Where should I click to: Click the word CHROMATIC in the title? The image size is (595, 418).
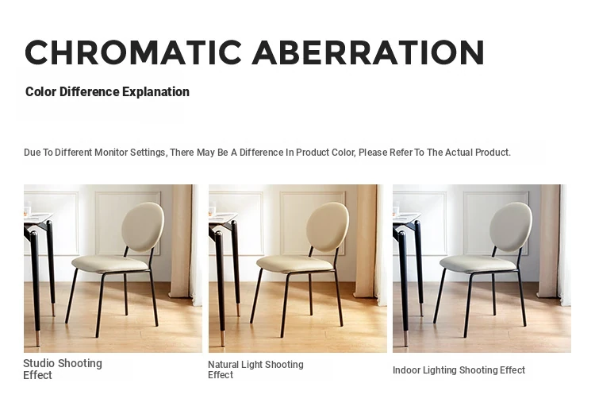(x=133, y=52)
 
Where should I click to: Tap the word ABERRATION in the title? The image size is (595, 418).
(x=367, y=52)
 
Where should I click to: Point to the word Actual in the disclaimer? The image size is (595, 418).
(x=459, y=153)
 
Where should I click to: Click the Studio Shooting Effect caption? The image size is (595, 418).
(x=63, y=369)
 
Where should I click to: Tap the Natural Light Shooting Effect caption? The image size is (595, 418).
(x=255, y=370)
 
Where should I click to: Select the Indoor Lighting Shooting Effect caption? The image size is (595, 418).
(x=459, y=370)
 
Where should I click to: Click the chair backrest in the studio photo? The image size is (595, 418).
(x=143, y=226)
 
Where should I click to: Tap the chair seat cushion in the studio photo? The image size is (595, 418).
(x=109, y=263)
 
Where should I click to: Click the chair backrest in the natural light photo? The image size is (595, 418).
(x=328, y=226)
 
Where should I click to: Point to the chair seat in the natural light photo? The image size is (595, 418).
(x=294, y=263)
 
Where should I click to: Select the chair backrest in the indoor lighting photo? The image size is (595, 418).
(x=511, y=226)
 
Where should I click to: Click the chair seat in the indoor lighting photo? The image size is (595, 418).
(x=478, y=263)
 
